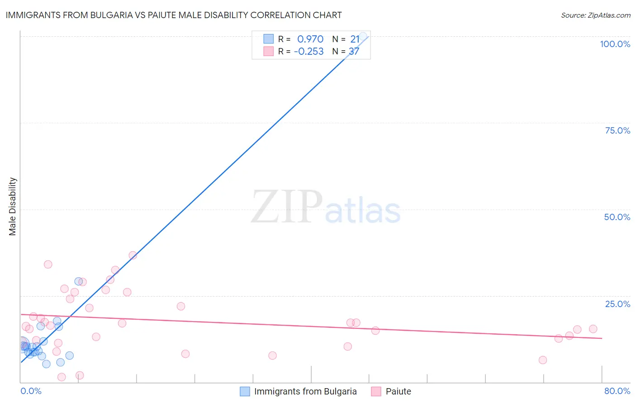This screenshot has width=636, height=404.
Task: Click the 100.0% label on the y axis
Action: [x=615, y=44]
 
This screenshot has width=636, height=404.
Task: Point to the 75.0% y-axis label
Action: [x=617, y=130]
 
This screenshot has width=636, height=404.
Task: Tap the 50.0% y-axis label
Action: [x=617, y=217]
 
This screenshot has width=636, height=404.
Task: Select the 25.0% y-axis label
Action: [x=617, y=304]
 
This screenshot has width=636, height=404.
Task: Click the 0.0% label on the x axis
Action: [x=31, y=391]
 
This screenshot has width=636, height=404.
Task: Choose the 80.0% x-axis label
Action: [x=617, y=391]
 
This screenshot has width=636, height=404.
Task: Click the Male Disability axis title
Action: [x=13, y=206]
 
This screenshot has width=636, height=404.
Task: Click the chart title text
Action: [x=174, y=15]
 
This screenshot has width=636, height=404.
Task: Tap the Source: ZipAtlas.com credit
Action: [x=595, y=15]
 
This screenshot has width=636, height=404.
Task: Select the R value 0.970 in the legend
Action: [x=310, y=39]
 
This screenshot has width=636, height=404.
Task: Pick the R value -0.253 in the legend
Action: [x=309, y=52]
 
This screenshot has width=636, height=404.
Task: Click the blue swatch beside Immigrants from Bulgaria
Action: [x=245, y=391]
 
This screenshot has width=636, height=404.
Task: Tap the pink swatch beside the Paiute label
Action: [x=376, y=391]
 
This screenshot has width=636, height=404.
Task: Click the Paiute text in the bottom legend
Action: [x=398, y=391]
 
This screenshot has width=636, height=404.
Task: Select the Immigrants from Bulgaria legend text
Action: [x=305, y=391]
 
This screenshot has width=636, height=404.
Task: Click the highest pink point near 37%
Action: [x=133, y=255]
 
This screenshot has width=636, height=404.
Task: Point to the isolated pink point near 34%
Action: [x=48, y=265]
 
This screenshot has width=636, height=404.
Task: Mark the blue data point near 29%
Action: [x=78, y=281]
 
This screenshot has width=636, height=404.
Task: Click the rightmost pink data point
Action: [x=593, y=329]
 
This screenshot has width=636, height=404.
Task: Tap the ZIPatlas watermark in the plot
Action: [x=326, y=207]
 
